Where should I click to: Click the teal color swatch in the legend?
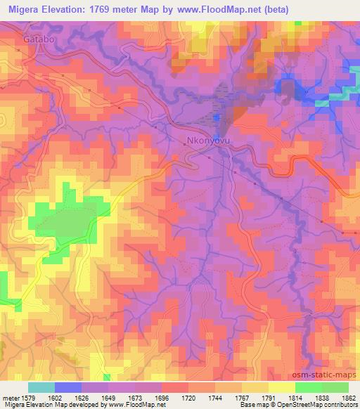click(x=41, y=387)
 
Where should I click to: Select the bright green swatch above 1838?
click(x=309, y=387)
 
